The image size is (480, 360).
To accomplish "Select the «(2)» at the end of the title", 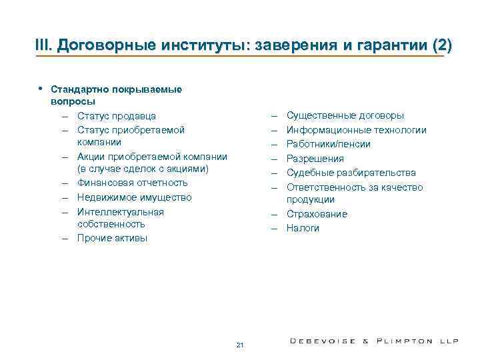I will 441,45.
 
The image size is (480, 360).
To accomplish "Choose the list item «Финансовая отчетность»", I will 132,183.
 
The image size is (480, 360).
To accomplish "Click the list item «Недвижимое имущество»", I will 134,197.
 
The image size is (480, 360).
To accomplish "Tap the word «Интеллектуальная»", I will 120,212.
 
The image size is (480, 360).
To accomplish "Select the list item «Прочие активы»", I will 112,238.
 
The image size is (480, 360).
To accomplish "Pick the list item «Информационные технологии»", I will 356,130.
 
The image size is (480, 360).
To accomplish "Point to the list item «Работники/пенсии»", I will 329,144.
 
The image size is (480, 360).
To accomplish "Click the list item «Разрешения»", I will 315,159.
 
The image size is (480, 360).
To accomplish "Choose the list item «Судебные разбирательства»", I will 351,173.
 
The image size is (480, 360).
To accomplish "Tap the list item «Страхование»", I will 317,214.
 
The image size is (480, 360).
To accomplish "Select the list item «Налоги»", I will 303,228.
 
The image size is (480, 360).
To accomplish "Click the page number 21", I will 240,345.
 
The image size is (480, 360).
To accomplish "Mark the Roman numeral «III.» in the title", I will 43,45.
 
